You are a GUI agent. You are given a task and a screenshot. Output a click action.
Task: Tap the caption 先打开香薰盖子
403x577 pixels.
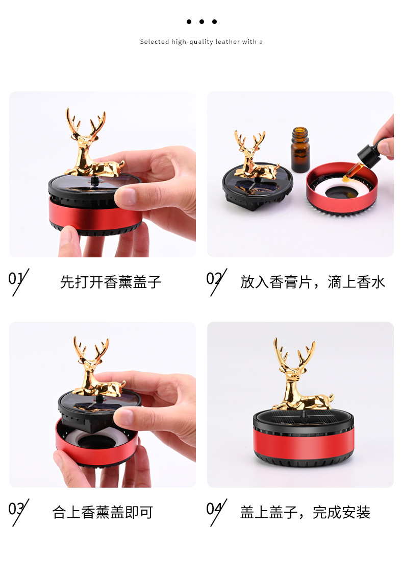[x=111, y=282]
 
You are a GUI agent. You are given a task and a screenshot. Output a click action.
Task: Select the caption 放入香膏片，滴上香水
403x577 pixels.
[x=312, y=282]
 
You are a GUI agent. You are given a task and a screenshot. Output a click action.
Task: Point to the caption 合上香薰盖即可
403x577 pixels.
[x=103, y=512]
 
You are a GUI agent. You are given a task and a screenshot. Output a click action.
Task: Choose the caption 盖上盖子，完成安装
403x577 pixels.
[x=305, y=512]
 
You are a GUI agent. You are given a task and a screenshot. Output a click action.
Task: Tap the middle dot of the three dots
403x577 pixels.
[x=202, y=21]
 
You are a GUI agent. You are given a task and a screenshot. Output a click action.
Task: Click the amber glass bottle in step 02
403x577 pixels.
[x=300, y=151]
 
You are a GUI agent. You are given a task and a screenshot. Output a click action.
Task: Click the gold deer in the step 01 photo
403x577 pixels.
[x=92, y=146]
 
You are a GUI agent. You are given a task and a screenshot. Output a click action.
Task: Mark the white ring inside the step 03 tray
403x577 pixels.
[x=77, y=437]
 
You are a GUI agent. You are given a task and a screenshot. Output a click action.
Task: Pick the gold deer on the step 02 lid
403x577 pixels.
[x=253, y=156]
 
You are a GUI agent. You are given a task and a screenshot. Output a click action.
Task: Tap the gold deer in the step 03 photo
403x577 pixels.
[x=94, y=370]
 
